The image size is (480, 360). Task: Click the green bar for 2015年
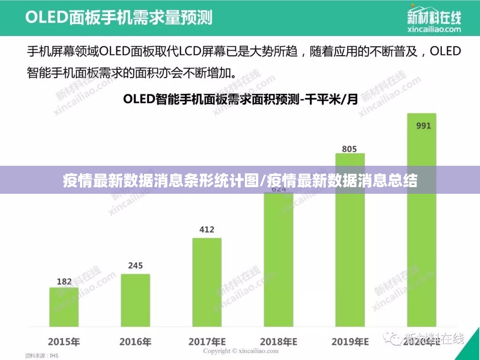point(64,307)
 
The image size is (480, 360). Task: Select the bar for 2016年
point(136,300)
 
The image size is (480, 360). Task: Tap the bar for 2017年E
point(207,282)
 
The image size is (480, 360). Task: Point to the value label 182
point(64,281)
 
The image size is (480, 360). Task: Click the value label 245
point(136,266)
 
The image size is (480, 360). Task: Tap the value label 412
point(207,230)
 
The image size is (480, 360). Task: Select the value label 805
point(349,149)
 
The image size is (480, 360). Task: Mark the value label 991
point(423,126)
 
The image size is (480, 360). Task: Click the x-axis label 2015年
point(64,342)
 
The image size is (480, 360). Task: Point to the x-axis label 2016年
point(136,342)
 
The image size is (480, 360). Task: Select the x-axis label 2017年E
point(207,342)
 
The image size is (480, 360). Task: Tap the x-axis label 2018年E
point(279,342)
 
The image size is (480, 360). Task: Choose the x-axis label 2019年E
point(350,342)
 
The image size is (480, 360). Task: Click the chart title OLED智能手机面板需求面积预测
point(240,99)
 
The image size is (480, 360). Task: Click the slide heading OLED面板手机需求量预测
point(119,17)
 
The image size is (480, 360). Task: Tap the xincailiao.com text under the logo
point(434,29)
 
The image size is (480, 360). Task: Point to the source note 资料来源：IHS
point(41,356)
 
